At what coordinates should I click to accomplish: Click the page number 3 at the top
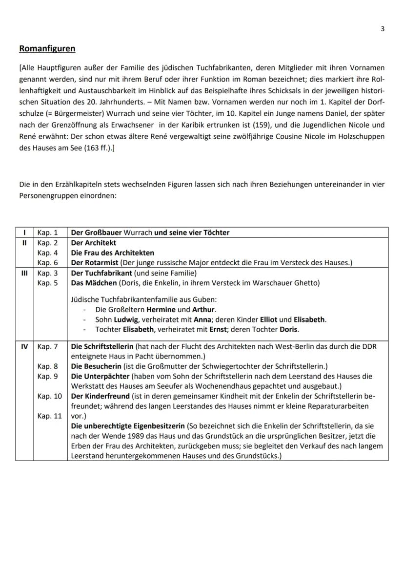tap(383, 29)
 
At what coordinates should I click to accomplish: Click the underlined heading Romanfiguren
tap(47, 49)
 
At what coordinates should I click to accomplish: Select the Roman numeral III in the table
tap(24, 273)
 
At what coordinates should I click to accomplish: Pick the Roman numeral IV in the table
tap(24, 346)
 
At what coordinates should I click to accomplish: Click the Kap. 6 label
tap(48, 263)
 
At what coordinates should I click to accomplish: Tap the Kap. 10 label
tap(50, 396)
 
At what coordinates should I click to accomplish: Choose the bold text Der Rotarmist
tap(95, 263)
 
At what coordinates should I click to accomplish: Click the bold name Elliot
tap(272, 319)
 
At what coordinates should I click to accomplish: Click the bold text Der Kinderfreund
tap(101, 396)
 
